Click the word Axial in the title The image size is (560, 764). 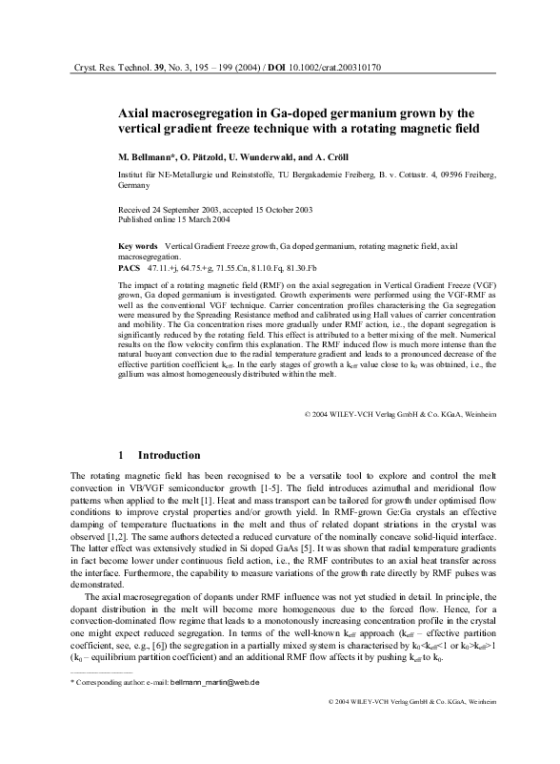tap(134, 113)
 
